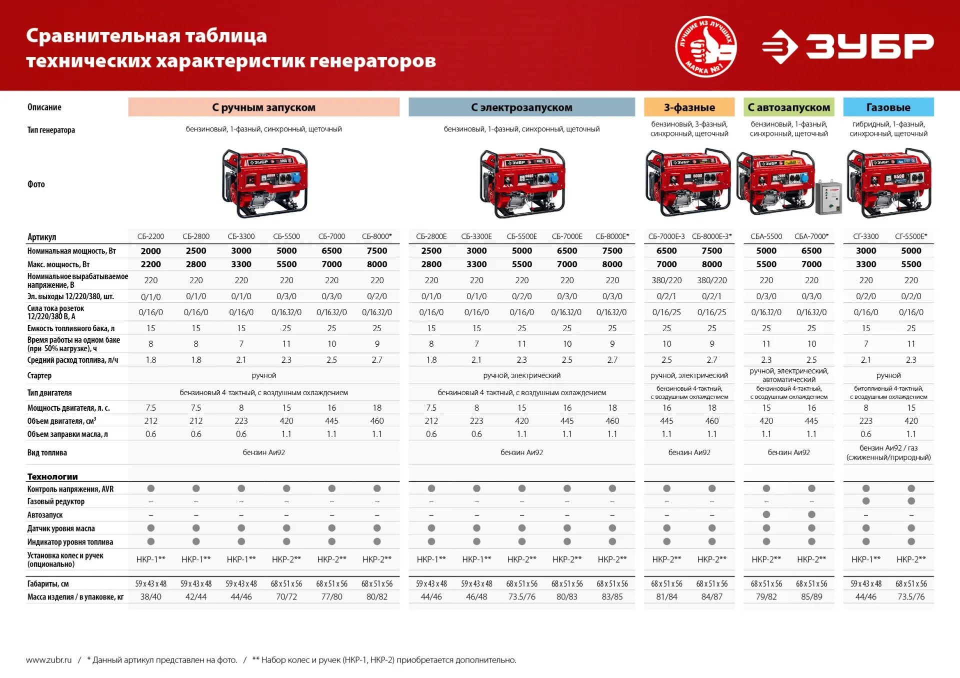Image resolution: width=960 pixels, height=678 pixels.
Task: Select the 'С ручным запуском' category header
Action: click(263, 107)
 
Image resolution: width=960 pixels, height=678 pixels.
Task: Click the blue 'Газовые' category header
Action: click(888, 107)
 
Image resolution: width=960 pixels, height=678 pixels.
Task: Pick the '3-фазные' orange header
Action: click(689, 107)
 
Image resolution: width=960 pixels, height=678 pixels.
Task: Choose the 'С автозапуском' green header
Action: click(788, 107)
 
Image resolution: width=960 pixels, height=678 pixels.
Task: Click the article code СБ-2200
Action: click(150, 236)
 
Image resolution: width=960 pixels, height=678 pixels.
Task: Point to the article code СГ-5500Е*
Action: click(911, 236)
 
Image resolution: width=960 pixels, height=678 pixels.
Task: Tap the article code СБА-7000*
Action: click(811, 236)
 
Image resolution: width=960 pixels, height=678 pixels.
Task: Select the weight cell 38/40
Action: click(150, 597)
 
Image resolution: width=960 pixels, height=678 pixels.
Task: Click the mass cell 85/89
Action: click(811, 597)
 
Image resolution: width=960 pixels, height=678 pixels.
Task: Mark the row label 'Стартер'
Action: click(39, 376)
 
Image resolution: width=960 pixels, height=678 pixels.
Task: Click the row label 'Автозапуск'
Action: click(45, 515)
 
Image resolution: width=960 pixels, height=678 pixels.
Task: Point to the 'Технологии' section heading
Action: click(52, 477)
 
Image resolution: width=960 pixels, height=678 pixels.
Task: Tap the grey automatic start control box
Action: click(828, 197)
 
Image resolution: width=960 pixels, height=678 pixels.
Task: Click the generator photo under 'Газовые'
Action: click(888, 182)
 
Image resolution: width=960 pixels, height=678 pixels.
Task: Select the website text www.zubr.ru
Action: click(49, 660)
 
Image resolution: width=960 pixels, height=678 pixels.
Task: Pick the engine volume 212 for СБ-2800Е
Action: click(431, 421)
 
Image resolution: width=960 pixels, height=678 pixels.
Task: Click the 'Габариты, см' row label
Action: click(48, 584)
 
